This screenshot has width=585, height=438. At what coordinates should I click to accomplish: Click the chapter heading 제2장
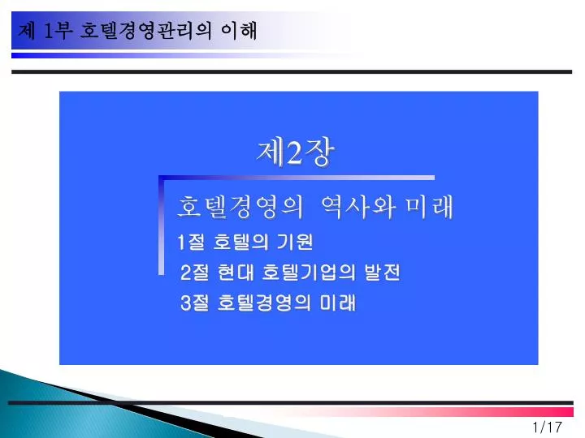295,152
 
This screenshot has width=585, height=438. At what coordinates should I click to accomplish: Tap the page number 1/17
548,427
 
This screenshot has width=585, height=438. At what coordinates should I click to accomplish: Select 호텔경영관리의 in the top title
146,31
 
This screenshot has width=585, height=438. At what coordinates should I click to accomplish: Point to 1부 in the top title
58,30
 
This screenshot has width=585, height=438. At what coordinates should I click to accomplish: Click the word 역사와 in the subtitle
357,207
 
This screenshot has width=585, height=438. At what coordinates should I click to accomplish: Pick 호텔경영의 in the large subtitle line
240,207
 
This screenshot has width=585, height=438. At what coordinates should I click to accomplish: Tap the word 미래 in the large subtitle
430,207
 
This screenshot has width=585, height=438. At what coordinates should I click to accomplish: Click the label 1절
191,242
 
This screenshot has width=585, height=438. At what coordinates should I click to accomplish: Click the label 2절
194,273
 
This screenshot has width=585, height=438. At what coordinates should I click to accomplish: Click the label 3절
194,303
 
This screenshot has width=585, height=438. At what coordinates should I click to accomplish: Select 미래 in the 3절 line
338,303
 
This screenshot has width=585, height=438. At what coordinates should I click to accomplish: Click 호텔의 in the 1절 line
240,242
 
